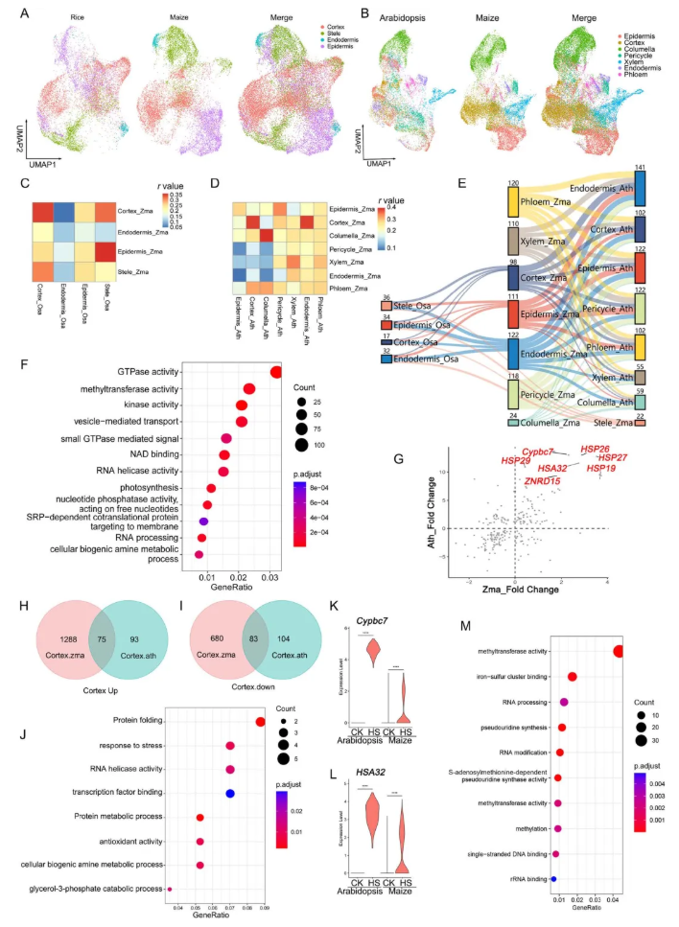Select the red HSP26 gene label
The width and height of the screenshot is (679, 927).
click(x=595, y=448)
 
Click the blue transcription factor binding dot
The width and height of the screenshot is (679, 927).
click(x=229, y=793)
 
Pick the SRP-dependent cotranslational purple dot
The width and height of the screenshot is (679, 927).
click(x=202, y=521)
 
